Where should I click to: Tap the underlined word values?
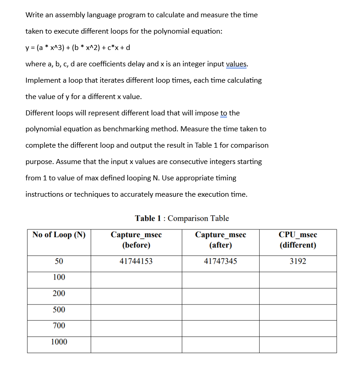tap(237, 64)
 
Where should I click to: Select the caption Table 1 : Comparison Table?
tap(182, 218)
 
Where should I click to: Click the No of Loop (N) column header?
tap(59, 235)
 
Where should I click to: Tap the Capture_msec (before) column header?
tap(136, 240)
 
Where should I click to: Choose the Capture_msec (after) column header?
tap(220, 240)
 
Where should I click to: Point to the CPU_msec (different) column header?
tap(298, 240)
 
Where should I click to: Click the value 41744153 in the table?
tap(136, 262)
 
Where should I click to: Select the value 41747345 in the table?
tap(220, 262)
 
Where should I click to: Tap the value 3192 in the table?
tap(298, 262)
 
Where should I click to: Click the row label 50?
tap(59, 262)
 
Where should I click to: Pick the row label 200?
tap(59, 293)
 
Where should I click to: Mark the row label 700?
tap(59, 326)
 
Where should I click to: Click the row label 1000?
tap(59, 342)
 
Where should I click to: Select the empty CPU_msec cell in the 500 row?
tap(298, 313)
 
